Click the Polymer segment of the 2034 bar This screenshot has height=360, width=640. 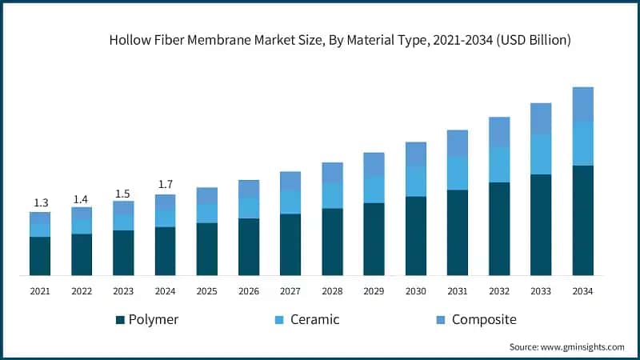tap(583, 221)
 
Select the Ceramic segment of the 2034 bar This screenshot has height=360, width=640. tap(583, 143)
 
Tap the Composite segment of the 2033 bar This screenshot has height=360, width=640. tap(541, 118)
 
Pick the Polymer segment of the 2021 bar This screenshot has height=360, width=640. tap(40, 256)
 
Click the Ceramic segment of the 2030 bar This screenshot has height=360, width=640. tap(416, 182)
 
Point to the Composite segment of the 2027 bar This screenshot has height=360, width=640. tap(290, 182)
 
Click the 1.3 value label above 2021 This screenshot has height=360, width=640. tap(41, 202)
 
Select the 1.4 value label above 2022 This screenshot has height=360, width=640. tap(81, 199)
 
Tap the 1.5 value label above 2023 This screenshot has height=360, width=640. tap(122, 194)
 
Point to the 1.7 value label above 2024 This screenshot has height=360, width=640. tap(166, 185)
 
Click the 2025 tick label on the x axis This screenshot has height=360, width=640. tap(207, 291)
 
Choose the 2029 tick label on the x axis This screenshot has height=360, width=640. tap(374, 291)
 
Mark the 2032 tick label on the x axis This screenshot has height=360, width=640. tap(499, 291)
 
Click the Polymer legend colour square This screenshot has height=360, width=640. tap(120, 320)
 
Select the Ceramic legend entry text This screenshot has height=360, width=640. tap(314, 319)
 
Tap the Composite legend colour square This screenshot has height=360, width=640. tap(441, 320)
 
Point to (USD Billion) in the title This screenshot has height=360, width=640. tap(534, 40)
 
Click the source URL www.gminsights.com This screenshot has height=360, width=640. tap(582, 347)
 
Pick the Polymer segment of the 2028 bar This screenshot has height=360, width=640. tap(332, 242)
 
